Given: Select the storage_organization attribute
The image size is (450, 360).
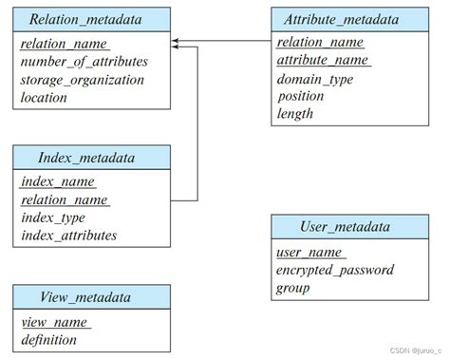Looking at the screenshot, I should point(82,79).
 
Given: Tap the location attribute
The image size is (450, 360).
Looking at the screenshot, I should point(44,97).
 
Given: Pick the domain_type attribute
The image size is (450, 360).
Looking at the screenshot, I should point(315,79).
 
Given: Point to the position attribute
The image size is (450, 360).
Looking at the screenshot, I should point(301,96).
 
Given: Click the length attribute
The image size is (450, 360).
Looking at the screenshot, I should point(295,114).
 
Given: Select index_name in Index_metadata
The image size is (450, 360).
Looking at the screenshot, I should point(58,182).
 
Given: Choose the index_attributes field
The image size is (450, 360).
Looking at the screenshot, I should point(68,235).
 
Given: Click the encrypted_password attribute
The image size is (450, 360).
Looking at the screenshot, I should point(335,270).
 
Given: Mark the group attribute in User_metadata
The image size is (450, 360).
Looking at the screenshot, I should point(293,287).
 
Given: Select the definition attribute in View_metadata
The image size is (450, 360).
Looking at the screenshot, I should point(49,339).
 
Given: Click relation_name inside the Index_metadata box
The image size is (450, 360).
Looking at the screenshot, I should point(65,199).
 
